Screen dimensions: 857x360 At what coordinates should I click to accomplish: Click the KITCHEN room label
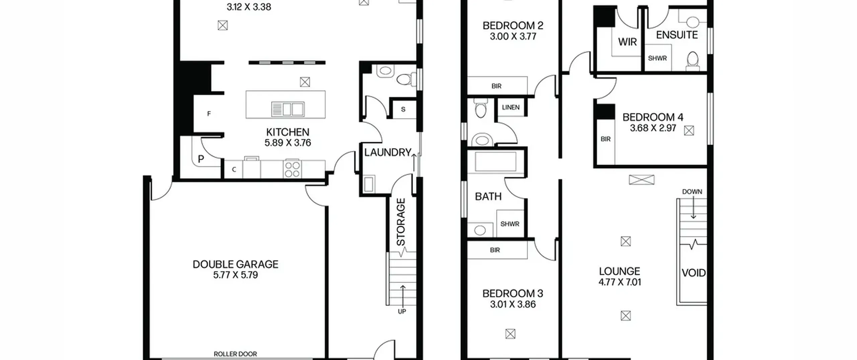click(x=288, y=132)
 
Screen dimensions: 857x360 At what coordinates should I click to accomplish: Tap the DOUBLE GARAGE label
click(x=235, y=264)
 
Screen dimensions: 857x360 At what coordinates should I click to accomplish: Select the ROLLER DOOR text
click(x=235, y=354)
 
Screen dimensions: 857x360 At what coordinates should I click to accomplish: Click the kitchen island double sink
click(x=288, y=109)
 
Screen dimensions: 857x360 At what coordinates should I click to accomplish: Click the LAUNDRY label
click(x=388, y=152)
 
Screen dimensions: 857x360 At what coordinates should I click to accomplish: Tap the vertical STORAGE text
click(x=401, y=222)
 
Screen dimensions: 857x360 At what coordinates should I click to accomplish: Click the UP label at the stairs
click(x=402, y=311)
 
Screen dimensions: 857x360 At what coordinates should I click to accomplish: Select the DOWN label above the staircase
click(x=692, y=192)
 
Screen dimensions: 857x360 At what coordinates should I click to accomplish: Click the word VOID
click(x=694, y=273)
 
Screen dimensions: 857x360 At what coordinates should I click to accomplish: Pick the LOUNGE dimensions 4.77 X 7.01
click(x=620, y=282)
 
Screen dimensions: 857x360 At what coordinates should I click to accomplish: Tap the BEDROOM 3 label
click(x=513, y=294)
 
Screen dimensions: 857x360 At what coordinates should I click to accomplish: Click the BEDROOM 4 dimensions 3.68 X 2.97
click(x=653, y=128)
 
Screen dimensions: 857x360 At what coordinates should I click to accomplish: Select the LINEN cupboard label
click(x=511, y=107)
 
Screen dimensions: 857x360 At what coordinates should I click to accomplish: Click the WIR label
click(x=627, y=42)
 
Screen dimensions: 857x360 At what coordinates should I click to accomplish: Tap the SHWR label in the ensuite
click(x=657, y=58)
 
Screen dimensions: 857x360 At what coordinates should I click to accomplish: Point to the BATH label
click(x=488, y=196)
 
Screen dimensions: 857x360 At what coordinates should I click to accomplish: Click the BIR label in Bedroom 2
click(x=496, y=86)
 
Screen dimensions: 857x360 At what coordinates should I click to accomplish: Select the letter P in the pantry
click(x=201, y=159)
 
